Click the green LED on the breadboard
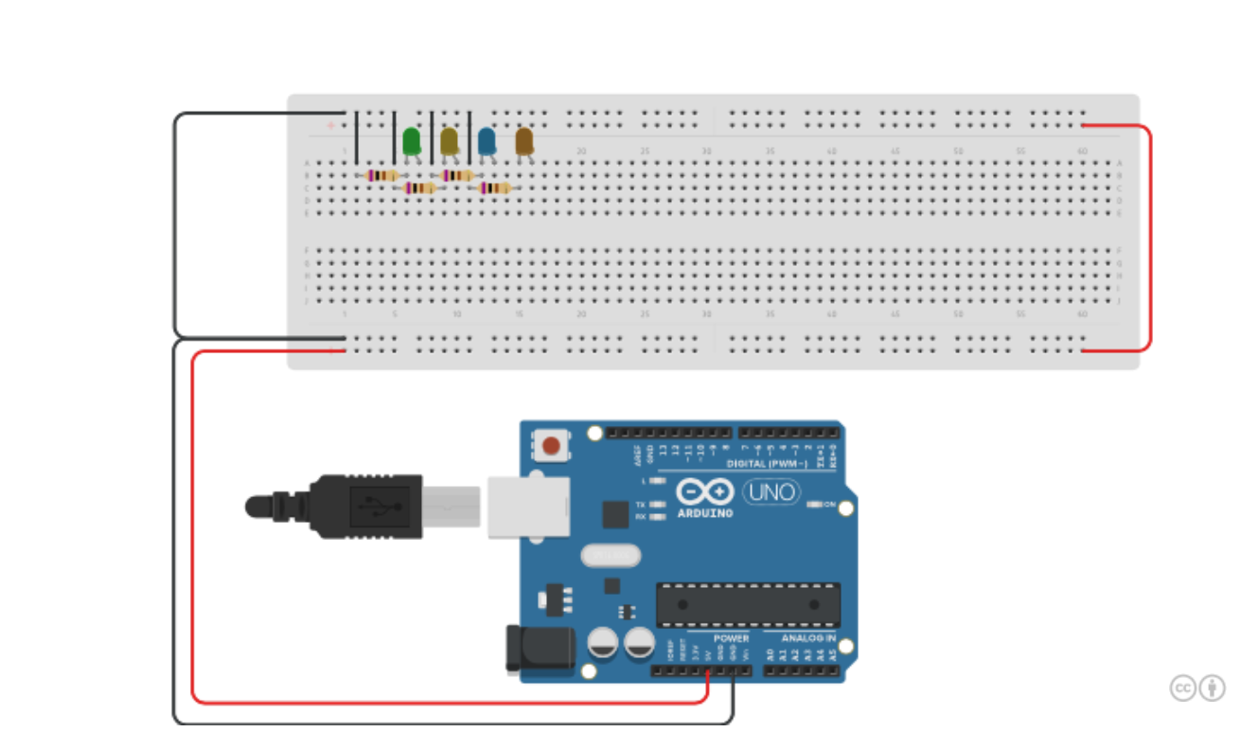(411, 142)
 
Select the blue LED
(487, 142)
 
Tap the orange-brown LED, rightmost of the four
(523, 142)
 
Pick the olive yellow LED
(449, 142)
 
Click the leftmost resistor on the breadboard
(381, 175)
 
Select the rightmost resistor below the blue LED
(495, 188)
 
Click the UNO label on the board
(771, 492)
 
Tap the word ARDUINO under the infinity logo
(705, 513)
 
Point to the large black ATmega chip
(748, 604)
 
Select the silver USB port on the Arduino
(528, 507)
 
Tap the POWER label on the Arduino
(731, 638)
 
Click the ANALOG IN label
(807, 638)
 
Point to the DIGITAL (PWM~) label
(767, 464)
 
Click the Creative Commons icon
(1183, 688)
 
